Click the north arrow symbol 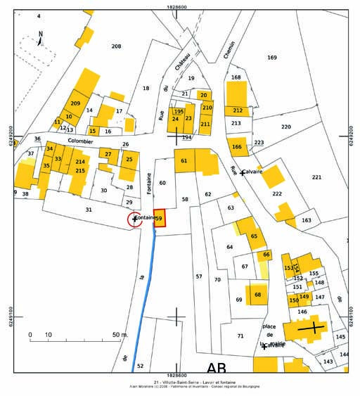pyautogui.click(x=40, y=39)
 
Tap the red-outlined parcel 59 pyautogui.click(x=160, y=219)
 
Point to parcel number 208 pyautogui.click(x=116, y=46)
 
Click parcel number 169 pyautogui.click(x=272, y=57)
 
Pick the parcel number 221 pyautogui.click(x=316, y=177)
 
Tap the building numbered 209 pyautogui.click(x=75, y=103)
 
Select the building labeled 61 pyautogui.click(x=184, y=161)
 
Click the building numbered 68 pyautogui.click(x=258, y=294)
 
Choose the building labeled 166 pyautogui.click(x=237, y=147)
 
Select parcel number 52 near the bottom pyautogui.click(x=140, y=366)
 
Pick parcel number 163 pyautogui.click(x=306, y=220)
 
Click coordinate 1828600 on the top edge pyautogui.click(x=176, y=6)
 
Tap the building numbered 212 pyautogui.click(x=238, y=110)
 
